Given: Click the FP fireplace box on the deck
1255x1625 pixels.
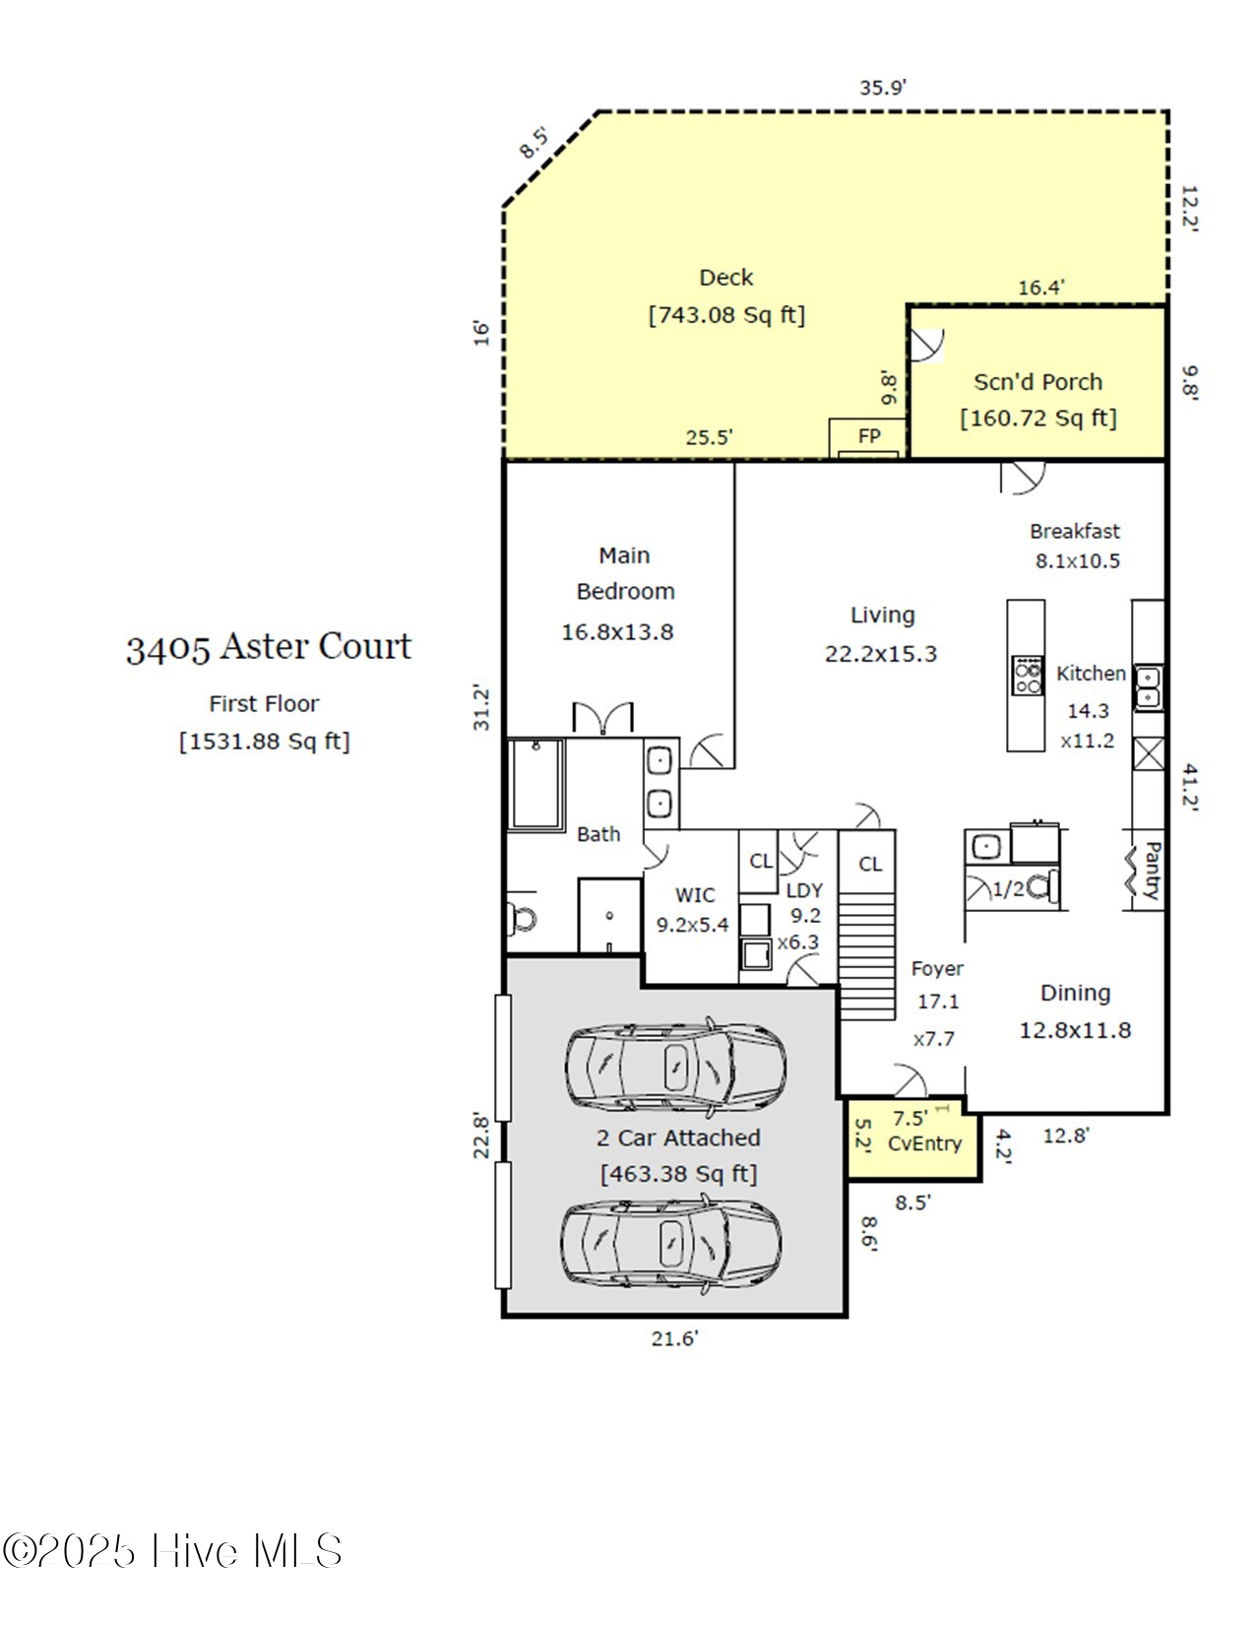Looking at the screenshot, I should (867, 436).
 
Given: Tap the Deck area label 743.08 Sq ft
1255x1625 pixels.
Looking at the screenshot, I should (726, 315).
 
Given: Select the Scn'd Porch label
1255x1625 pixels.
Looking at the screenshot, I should (1037, 382).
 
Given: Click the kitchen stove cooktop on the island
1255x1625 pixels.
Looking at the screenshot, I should (1027, 676).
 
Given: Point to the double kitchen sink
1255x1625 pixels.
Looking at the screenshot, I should (1148, 687).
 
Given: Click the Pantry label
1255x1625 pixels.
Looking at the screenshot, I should (1151, 871).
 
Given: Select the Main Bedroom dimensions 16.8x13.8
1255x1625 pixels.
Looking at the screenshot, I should (617, 632).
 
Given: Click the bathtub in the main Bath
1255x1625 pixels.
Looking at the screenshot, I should (536, 784).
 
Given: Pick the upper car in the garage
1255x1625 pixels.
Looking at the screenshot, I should (675, 1068).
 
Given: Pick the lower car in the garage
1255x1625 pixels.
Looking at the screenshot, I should (672, 1243).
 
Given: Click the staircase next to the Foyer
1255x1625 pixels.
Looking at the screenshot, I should (866, 965).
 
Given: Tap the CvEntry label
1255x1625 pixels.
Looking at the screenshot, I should (924, 1143).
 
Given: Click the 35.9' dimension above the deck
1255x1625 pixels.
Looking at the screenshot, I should (882, 88).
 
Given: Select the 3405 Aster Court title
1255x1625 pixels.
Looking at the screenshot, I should (269, 647).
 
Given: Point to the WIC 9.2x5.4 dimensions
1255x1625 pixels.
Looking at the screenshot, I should (693, 925).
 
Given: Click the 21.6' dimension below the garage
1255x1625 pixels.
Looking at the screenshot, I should (674, 1338).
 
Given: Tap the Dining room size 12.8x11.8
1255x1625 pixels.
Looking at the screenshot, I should (1075, 1030).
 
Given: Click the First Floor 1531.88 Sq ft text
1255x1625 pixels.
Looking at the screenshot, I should (264, 741).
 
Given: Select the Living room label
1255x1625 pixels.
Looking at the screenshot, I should (882, 616).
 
